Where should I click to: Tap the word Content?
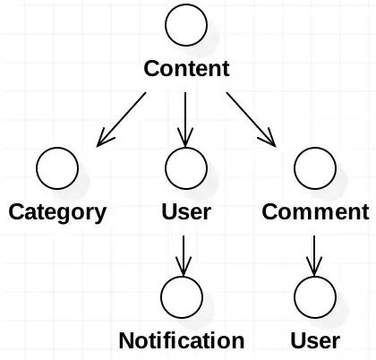tap(186, 68)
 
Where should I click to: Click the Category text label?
tap(57, 213)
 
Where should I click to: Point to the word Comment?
tap(315, 211)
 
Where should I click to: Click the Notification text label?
tap(182, 340)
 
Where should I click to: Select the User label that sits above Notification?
tap(186, 211)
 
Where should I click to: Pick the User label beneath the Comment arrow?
tap(315, 340)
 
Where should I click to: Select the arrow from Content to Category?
tap(122, 119)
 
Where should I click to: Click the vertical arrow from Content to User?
tap(185, 119)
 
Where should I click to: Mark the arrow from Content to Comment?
tap(251, 119)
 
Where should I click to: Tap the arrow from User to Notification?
tap(184, 256)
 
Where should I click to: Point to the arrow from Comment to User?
tap(314, 256)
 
